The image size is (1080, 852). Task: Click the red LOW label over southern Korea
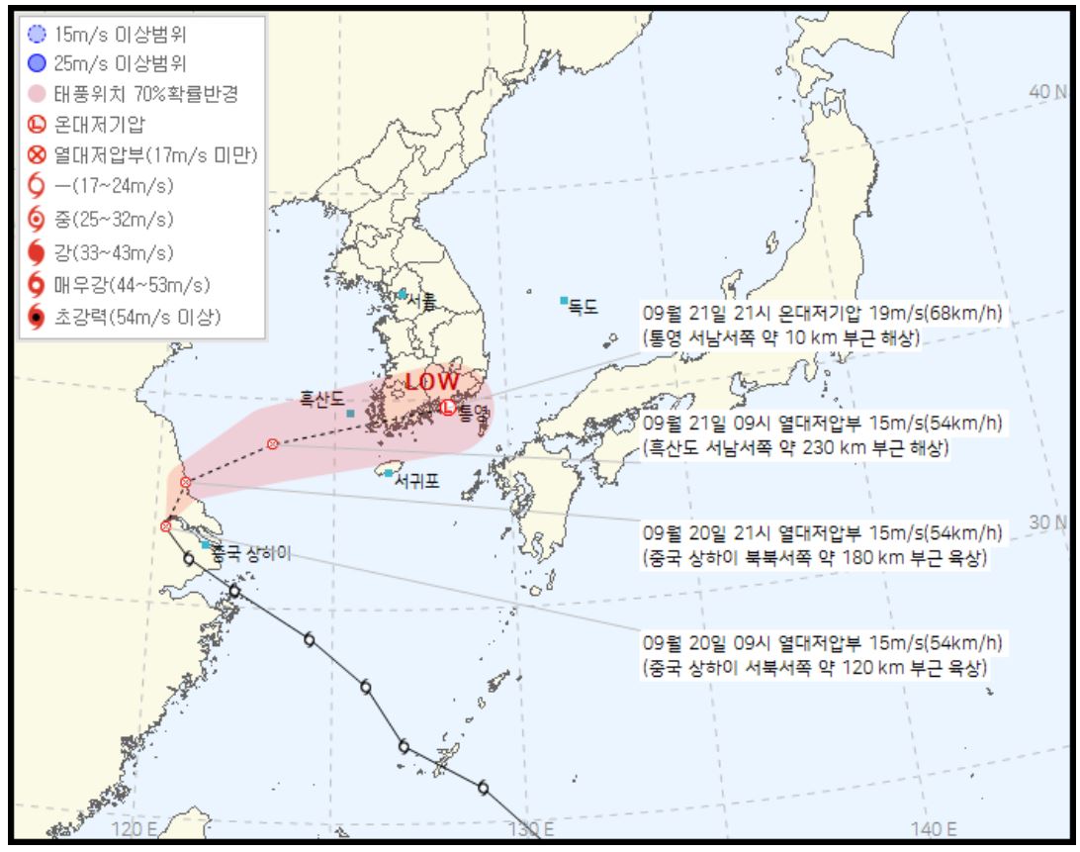pyautogui.click(x=432, y=381)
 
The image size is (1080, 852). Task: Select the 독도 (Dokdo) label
pyautogui.click(x=584, y=307)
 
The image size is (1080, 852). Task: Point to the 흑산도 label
pyautogui.click(x=321, y=399)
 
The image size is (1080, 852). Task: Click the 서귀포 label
pyautogui.click(x=416, y=482)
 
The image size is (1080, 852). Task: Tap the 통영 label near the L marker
pyautogui.click(x=474, y=409)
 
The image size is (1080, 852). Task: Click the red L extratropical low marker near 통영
pyautogui.click(x=448, y=407)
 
